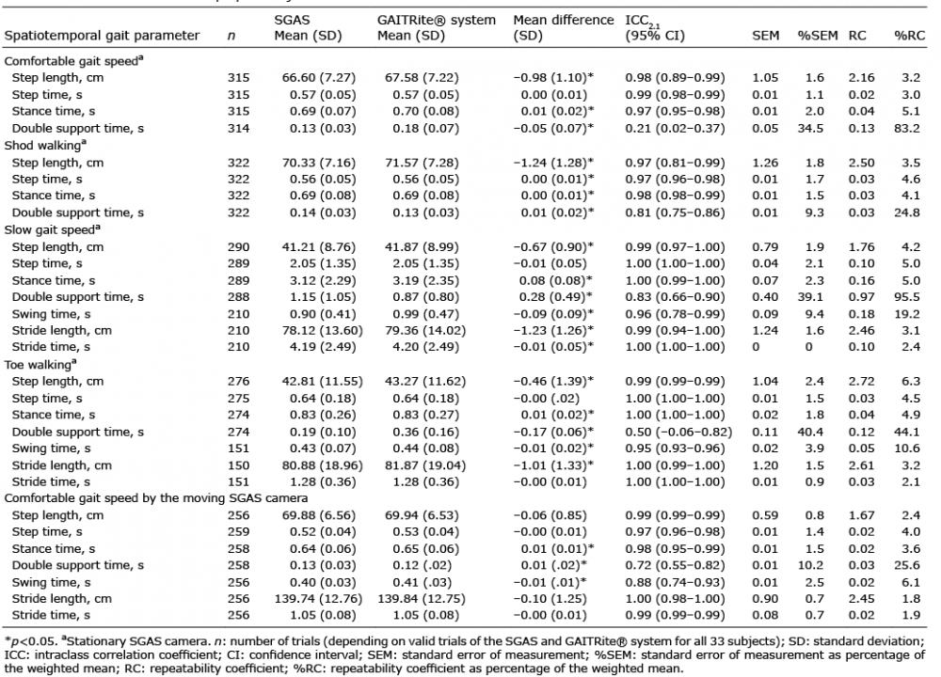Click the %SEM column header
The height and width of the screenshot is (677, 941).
pyautogui.click(x=818, y=36)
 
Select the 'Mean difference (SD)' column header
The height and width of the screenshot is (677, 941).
pyautogui.click(x=563, y=28)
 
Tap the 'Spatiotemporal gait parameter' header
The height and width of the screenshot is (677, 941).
pyautogui.click(x=102, y=36)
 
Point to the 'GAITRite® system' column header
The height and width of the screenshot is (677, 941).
pyautogui.click(x=437, y=21)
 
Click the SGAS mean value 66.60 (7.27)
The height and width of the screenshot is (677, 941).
pyautogui.click(x=319, y=78)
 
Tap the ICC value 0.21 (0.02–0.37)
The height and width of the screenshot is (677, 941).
pyautogui.click(x=675, y=128)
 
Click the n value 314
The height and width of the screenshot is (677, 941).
pyautogui.click(x=238, y=128)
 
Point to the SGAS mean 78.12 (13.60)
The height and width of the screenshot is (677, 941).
pyautogui.click(x=319, y=330)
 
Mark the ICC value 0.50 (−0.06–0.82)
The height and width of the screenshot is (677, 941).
pyautogui.click(x=678, y=432)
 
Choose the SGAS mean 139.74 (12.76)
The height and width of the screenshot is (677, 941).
pyautogui.click(x=319, y=598)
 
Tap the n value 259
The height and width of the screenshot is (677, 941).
pyautogui.click(x=238, y=532)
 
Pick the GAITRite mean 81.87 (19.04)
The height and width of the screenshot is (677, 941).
pyautogui.click(x=422, y=465)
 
